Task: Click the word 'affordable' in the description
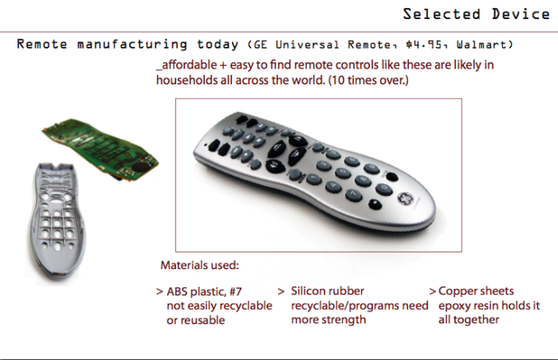[x=187, y=65]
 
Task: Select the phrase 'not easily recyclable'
[x=219, y=306]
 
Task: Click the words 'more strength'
[x=328, y=320]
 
